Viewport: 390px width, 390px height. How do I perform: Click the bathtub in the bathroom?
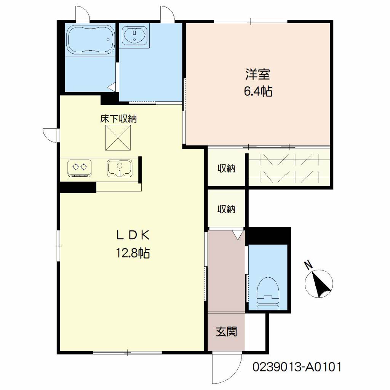pos(91,39)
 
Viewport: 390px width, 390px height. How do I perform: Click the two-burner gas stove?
pos(79,168)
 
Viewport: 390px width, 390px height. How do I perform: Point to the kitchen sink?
pos(120,168)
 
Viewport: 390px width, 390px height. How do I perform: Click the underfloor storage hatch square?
pos(118,138)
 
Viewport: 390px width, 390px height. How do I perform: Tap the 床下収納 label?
pos(119,119)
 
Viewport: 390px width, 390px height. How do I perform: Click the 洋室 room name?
pos(258,74)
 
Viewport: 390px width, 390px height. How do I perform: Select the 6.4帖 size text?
pos(258,91)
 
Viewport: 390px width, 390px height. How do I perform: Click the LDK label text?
pos(133,235)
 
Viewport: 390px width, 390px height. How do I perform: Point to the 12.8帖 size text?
pos(133,253)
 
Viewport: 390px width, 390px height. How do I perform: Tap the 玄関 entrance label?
pos(226,331)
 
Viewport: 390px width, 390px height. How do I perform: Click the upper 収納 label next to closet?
pos(226,169)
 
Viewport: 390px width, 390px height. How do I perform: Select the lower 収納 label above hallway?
pos(226,209)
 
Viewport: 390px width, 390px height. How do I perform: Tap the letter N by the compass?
pos(308,265)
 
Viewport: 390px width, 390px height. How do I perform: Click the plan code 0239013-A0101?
pos(297,367)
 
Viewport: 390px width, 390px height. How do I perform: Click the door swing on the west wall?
pos(50,135)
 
